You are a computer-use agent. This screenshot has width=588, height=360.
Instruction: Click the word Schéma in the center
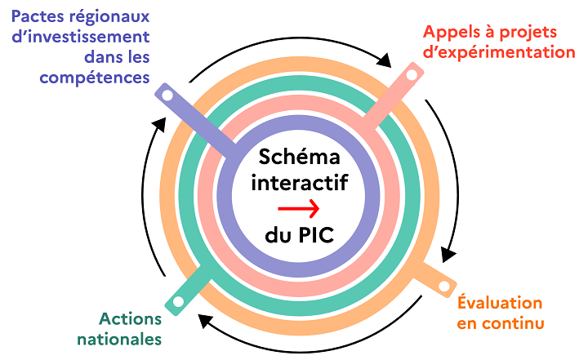click(299, 157)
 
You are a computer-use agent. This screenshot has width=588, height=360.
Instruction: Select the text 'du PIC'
click(299, 236)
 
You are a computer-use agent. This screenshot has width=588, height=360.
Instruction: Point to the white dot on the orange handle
click(444, 286)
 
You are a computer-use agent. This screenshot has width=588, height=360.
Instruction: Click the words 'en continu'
click(501, 323)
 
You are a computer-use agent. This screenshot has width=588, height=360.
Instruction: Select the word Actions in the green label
click(129, 318)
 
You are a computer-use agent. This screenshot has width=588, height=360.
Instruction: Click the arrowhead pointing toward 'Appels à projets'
click(385, 61)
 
